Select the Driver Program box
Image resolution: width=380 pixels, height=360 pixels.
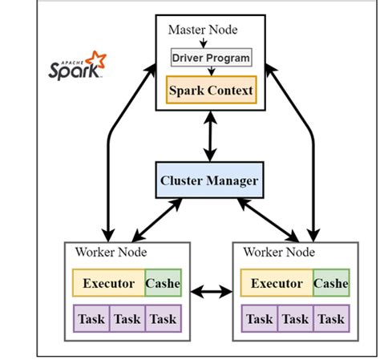211,59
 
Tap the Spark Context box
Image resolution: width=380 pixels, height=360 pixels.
211,90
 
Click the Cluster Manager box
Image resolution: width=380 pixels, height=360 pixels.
210,181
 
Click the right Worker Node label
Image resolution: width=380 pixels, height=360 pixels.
275,252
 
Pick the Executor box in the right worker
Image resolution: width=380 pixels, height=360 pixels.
276,283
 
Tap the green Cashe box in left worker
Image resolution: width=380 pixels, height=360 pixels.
164,283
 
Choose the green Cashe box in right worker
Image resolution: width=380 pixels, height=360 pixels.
330,283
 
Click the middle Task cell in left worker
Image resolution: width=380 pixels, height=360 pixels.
127,318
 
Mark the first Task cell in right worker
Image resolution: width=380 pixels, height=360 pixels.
258,318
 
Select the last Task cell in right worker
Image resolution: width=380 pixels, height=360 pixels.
330,318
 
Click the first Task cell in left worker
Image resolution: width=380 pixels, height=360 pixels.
91,318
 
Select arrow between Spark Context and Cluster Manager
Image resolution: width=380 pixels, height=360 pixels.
210,135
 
